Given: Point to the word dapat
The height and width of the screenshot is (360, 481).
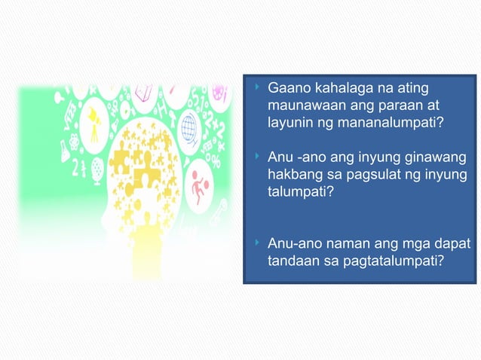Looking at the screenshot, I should (452, 245).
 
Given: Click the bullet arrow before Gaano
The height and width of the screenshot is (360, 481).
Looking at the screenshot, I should (258, 88).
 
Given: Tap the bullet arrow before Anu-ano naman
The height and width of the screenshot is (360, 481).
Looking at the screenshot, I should (258, 244).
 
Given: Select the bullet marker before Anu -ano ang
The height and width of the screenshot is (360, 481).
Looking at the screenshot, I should (258, 157).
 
